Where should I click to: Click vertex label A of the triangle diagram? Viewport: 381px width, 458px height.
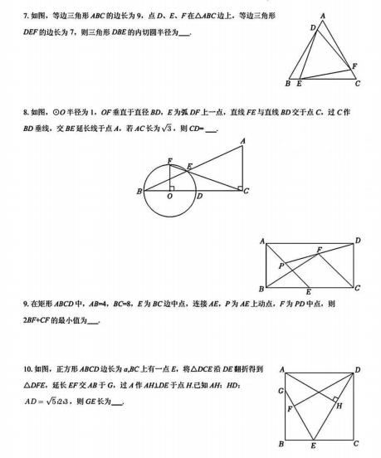tap(322, 16)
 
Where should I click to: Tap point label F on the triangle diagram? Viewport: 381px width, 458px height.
tap(355, 66)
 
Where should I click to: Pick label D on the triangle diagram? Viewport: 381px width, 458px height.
tap(312, 27)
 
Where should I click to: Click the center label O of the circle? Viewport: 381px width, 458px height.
tap(169, 198)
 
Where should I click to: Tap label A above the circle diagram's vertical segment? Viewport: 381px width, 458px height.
tap(242, 141)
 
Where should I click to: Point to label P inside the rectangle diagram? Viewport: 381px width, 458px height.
tap(281, 266)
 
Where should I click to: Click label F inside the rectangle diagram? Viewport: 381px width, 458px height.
tap(319, 249)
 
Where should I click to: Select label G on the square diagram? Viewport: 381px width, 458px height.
tap(281, 390)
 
